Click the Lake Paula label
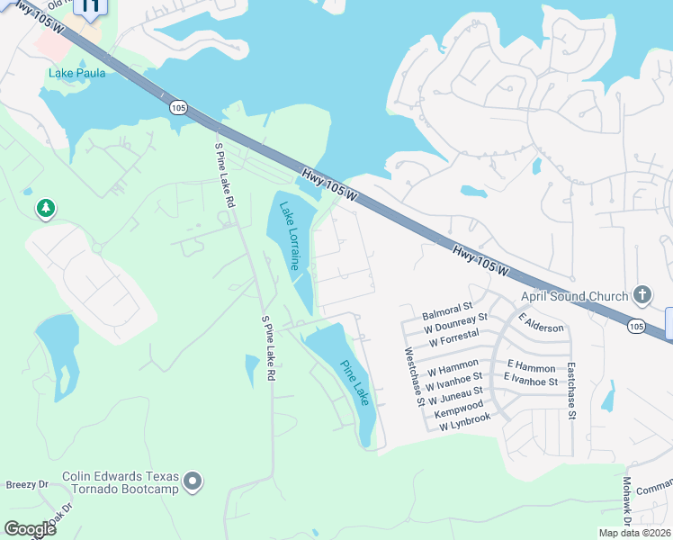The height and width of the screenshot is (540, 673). point(76,73)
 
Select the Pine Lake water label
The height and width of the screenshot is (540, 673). point(354,382)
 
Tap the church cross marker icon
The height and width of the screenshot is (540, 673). point(642,295)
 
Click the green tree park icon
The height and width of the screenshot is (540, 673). point(45,210)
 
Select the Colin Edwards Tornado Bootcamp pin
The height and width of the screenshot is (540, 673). point(192,483)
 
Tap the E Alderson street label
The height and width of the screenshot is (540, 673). point(541,322)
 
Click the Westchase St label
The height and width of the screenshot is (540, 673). point(415,377)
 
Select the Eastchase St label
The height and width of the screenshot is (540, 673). point(570,391)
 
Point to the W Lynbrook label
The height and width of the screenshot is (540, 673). point(465,421)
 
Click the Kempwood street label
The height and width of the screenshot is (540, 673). point(459,407)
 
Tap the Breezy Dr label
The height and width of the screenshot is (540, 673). point(27,484)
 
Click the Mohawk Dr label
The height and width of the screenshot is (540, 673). point(627,500)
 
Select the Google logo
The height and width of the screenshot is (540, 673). point(30,529)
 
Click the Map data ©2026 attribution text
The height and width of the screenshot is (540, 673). point(633,533)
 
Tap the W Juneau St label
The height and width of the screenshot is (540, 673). point(455,394)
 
